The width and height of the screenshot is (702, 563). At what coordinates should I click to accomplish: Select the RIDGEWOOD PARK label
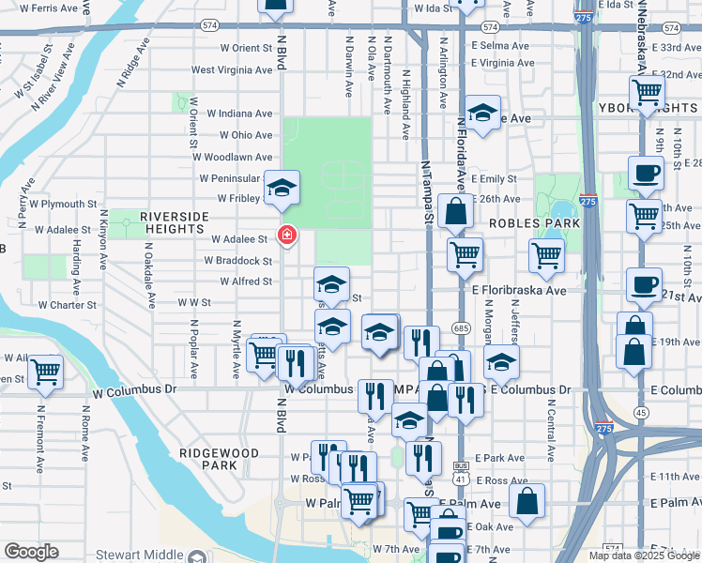pos(218,458)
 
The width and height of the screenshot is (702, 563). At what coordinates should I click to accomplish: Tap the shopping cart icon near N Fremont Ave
pos(44,371)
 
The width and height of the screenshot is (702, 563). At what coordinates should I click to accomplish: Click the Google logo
pos(31,552)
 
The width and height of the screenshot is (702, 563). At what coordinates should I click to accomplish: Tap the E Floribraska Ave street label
pos(526,291)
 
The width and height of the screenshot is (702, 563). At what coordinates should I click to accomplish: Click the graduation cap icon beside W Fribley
pos(281,189)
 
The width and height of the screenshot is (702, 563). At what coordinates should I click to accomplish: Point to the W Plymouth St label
pos(64,203)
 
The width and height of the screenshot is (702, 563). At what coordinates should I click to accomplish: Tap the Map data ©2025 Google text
pos(642,555)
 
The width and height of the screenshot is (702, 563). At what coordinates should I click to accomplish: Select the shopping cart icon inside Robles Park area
pos(546,253)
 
